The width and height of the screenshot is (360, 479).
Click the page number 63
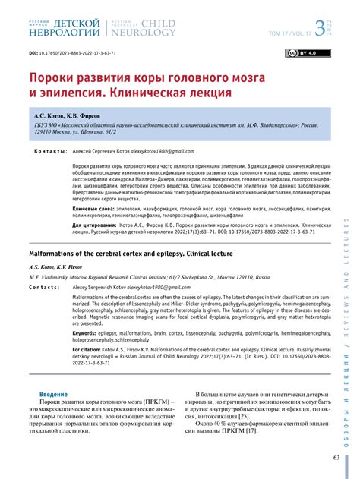click(336, 458)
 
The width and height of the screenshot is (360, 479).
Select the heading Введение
click(53, 395)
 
